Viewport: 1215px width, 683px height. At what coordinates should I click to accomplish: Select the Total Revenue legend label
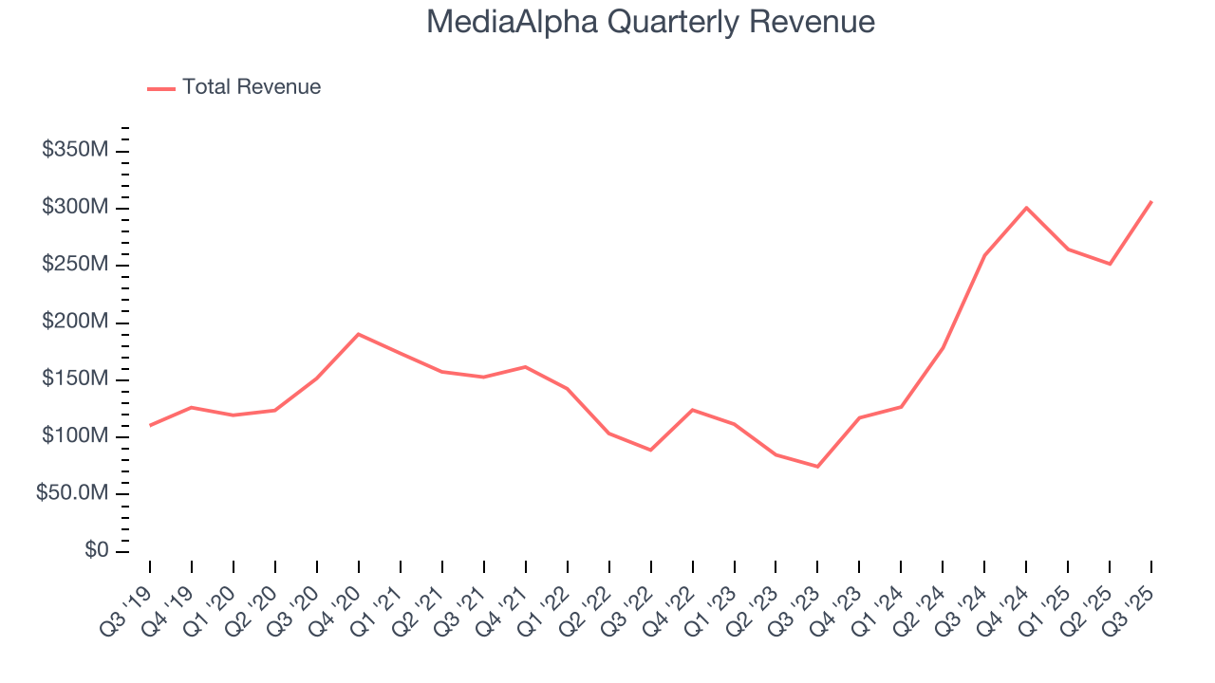coord(252,87)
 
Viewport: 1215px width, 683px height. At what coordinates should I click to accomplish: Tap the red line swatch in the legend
coord(161,88)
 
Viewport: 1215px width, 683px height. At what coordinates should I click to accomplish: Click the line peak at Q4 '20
coord(359,334)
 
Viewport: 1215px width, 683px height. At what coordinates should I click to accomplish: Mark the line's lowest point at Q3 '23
coord(817,467)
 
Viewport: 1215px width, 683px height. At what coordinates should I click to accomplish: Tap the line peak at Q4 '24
coord(1026,208)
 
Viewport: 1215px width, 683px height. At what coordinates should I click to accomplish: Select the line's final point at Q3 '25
coord(1151,201)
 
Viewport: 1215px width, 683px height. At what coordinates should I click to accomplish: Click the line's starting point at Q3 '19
coord(150,426)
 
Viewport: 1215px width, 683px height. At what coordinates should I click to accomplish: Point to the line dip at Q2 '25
coord(1110,264)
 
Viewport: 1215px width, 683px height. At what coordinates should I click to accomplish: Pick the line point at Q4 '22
coord(692,410)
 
